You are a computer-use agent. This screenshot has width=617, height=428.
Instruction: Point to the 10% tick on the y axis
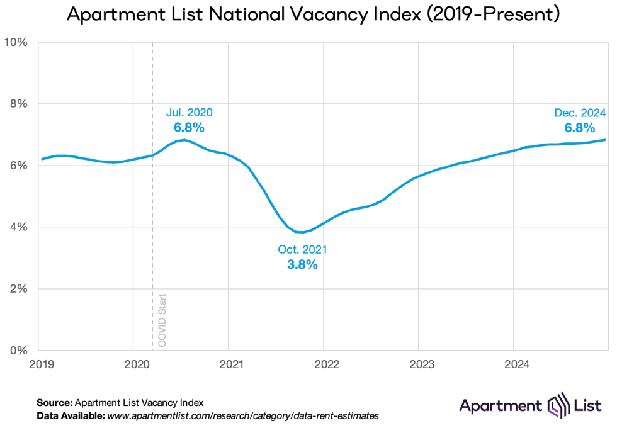pos(17,42)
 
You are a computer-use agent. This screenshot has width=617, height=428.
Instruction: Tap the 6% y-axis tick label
pos(20,166)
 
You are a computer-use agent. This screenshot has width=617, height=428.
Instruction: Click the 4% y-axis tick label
pos(20,227)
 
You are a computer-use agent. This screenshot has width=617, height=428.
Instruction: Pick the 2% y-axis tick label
pos(20,289)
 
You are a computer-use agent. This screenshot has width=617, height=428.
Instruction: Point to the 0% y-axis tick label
pos(20,351)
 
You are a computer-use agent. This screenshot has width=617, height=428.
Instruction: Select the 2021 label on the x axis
pos(229,364)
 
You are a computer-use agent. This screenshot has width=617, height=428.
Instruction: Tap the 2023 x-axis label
pos(419,364)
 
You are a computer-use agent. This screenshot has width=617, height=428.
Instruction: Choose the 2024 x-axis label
pos(514,364)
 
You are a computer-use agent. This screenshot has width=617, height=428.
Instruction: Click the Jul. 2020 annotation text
pos(189,113)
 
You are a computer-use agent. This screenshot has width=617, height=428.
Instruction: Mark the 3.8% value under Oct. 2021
pos(302,265)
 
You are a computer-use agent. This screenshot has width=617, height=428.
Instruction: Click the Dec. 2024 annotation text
pos(580,113)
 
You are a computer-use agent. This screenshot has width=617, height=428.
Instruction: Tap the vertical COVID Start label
pos(162,319)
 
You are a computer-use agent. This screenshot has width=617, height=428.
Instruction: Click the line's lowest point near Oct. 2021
pos(301,232)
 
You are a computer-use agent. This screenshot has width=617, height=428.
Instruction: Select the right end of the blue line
pos(606,140)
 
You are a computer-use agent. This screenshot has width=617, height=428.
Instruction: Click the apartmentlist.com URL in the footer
pos(243,417)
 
